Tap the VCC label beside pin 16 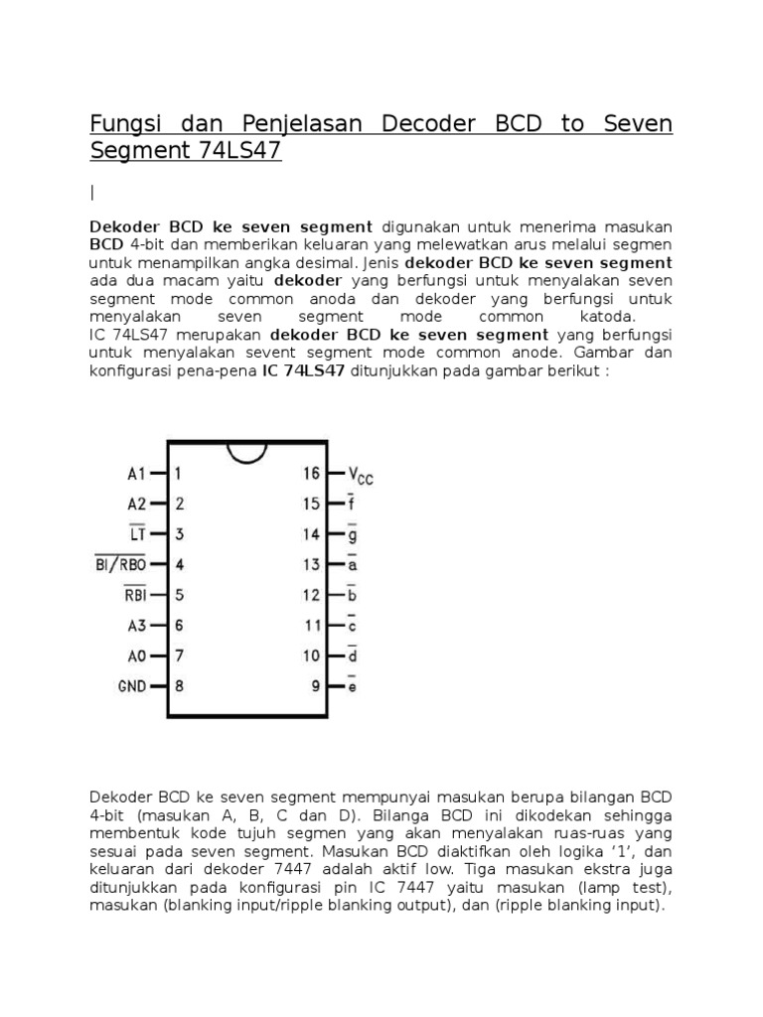pyautogui.click(x=361, y=476)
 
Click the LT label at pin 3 pyautogui.click(x=136, y=534)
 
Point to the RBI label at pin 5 pyautogui.click(x=134, y=596)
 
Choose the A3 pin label pyautogui.click(x=136, y=626)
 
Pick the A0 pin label pyautogui.click(x=136, y=656)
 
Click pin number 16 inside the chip pyautogui.click(x=312, y=474)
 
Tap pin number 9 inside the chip pyautogui.click(x=316, y=686)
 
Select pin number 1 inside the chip pyautogui.click(x=178, y=474)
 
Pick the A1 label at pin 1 pyautogui.click(x=136, y=474)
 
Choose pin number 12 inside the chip pyautogui.click(x=312, y=596)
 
